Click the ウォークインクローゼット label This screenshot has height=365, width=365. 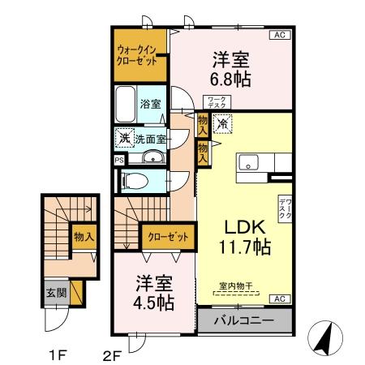point(140,55)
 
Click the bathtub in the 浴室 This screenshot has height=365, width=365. point(126,104)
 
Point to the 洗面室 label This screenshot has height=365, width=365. point(149,137)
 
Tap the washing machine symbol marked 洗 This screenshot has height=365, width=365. point(123,137)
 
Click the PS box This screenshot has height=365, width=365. point(119,160)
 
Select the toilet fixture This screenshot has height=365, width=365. point(140,179)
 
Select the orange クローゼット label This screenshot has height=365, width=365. point(170,237)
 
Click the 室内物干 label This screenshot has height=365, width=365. point(235,286)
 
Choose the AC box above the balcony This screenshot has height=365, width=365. point(279,299)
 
